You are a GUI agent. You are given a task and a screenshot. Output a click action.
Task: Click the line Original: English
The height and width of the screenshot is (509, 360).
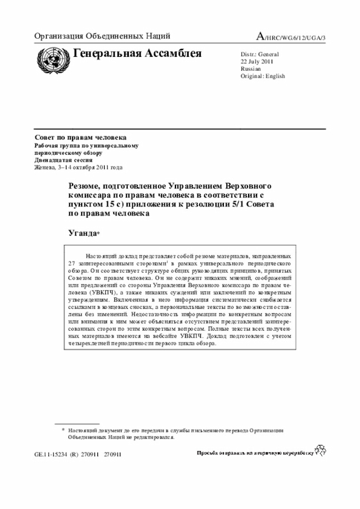(x=263, y=76)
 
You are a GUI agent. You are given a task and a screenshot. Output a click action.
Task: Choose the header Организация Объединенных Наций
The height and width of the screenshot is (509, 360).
(x=102, y=37)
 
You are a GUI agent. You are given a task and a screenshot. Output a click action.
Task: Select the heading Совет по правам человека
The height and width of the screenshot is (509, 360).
(x=80, y=138)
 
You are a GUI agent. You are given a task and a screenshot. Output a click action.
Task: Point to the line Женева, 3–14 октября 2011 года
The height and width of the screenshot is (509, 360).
(x=78, y=167)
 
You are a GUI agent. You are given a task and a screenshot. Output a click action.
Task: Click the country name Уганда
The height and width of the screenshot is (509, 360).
(x=83, y=232)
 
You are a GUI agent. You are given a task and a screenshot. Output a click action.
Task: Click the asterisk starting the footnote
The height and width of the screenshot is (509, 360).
(x=63, y=429)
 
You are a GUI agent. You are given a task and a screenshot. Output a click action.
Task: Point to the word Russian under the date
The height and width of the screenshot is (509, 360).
(x=250, y=69)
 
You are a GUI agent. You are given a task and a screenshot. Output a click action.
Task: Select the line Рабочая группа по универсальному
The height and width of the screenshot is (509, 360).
(x=87, y=145)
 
